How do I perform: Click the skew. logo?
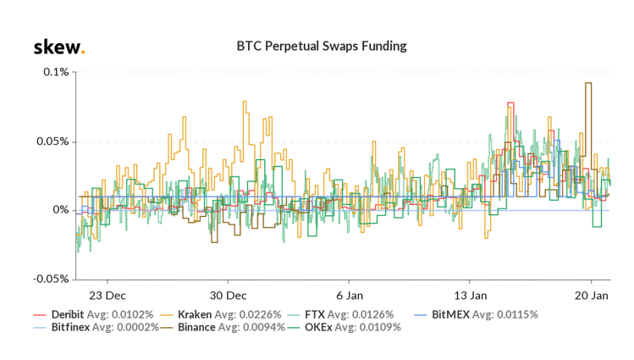(58, 47)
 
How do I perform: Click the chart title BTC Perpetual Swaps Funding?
(321, 46)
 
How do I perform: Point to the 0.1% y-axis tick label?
(56, 72)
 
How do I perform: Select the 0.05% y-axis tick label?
(52, 141)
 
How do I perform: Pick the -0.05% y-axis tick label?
(51, 279)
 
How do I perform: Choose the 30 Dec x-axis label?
(228, 296)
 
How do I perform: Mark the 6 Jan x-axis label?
(349, 296)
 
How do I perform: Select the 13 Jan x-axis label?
(470, 296)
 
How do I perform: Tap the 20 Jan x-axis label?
(591, 296)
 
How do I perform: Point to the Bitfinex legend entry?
(95, 327)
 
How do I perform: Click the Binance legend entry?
(225, 327)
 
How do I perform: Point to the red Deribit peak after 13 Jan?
(510, 103)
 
